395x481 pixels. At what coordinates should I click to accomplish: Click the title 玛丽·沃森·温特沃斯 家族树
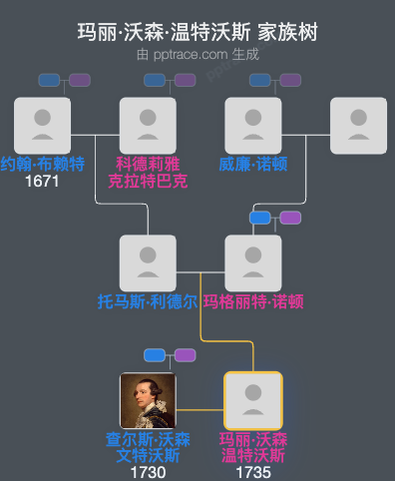pyautogui.click(x=197, y=32)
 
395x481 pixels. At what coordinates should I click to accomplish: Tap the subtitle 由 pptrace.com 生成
pyautogui.click(x=197, y=54)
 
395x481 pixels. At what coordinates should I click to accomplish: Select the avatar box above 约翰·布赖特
pyautogui.click(x=42, y=125)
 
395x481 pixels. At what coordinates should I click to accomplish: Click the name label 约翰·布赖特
pyautogui.click(x=42, y=164)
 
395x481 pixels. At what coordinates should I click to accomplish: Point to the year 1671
pyautogui.click(x=42, y=181)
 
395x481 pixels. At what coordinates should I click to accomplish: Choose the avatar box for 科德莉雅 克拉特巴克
pyautogui.click(x=148, y=125)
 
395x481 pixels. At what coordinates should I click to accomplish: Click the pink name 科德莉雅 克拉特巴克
pyautogui.click(x=148, y=172)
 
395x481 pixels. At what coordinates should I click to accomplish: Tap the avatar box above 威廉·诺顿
pyautogui.click(x=253, y=125)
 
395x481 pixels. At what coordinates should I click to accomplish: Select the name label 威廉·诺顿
pyautogui.click(x=253, y=164)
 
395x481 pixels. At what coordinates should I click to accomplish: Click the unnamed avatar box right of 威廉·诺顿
pyautogui.click(x=358, y=125)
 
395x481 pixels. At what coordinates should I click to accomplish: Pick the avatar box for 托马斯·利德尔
pyautogui.click(x=148, y=262)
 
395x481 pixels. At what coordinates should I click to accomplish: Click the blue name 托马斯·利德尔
pyautogui.click(x=148, y=301)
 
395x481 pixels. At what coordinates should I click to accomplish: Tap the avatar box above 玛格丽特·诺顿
pyautogui.click(x=253, y=262)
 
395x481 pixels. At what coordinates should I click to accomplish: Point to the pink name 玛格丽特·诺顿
pyautogui.click(x=253, y=301)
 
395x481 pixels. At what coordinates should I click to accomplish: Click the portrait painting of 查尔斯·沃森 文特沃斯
pyautogui.click(x=148, y=400)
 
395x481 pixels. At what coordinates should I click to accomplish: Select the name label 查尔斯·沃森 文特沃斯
pyautogui.click(x=148, y=447)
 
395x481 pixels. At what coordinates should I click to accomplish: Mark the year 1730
pyautogui.click(x=148, y=472)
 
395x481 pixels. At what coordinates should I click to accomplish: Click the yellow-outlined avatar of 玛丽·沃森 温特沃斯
pyautogui.click(x=253, y=400)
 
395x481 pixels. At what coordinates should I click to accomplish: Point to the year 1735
pyautogui.click(x=253, y=472)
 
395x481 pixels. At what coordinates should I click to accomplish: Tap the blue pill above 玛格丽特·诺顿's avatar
pyautogui.click(x=260, y=218)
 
